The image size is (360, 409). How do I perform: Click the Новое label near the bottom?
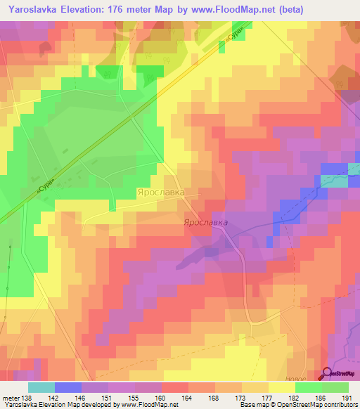point(300,376)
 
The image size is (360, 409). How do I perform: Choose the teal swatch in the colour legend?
point(41,387)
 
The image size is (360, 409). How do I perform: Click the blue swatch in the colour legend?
point(67,387)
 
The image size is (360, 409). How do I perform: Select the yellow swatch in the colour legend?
point(281,387)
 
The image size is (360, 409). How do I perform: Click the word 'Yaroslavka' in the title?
point(38,10)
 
